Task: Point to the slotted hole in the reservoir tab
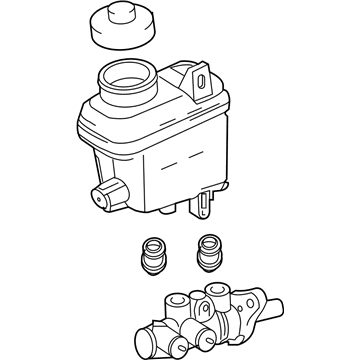click(x=199, y=81)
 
